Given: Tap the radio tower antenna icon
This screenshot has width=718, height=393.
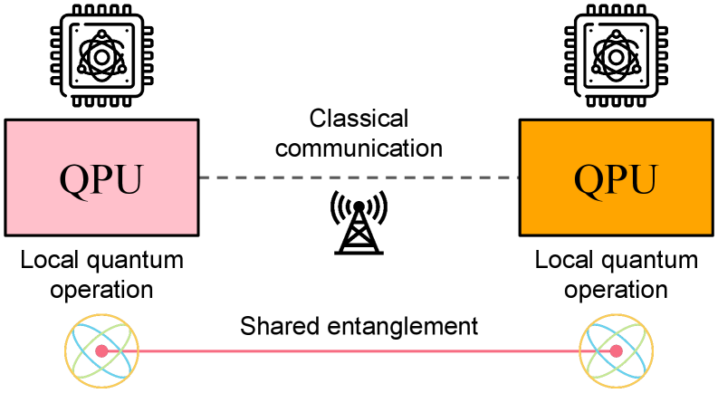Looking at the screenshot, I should coord(358,221).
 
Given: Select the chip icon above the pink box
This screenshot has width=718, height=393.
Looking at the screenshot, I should coord(101,53).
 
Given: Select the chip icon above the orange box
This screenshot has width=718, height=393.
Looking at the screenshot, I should coord(616,53).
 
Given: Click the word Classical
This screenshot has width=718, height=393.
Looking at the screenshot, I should coord(359,119).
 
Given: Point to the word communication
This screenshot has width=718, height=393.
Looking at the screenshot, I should coord(359,147).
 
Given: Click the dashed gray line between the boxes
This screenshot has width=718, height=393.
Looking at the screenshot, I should coord(272,177).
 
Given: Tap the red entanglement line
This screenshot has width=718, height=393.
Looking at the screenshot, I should coord(359,350).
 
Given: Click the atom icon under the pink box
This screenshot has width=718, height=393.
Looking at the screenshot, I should coord(101,350).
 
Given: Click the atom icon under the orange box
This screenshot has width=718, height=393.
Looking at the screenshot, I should coord(616,350).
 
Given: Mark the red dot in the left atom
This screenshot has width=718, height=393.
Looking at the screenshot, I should coord(101,350).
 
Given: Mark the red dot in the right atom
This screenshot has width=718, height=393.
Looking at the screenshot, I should coord(616,350).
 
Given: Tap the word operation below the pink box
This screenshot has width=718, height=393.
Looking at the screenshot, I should coord(101,291).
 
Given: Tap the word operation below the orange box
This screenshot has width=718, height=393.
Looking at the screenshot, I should coord(617,291).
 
